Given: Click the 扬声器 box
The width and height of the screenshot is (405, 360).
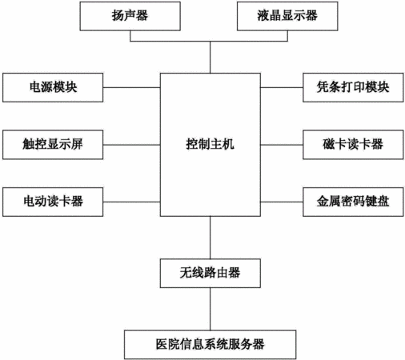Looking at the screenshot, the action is point(130,16).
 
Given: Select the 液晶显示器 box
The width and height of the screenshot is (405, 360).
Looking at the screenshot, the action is point(287,16).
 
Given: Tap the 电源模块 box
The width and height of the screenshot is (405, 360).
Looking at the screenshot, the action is point(53,87).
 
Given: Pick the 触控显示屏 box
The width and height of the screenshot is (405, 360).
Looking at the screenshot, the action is point(53,145).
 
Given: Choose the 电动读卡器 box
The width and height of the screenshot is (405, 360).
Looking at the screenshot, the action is point(53,202).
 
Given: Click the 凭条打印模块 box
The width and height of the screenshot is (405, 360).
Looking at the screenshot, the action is point(353,87).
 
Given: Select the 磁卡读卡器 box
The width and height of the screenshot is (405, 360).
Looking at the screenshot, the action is point(353,145).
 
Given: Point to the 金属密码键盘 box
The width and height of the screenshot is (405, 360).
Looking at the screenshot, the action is point(353,202).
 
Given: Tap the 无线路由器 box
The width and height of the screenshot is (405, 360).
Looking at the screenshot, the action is point(211,273).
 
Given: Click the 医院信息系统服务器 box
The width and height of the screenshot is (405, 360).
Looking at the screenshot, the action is point(211,345).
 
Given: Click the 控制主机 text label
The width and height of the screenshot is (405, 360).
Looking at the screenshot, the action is point(211,144).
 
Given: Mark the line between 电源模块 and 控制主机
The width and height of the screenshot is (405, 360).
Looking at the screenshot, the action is point(131,87).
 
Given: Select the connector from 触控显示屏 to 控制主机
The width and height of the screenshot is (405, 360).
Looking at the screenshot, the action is point(131,145).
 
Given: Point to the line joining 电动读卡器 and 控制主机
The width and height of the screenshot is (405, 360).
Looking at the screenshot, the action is point(131,202).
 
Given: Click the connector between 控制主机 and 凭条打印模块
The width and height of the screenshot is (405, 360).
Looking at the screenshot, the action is point(282,87).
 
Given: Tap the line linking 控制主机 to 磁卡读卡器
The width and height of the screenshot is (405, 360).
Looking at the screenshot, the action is point(282,145).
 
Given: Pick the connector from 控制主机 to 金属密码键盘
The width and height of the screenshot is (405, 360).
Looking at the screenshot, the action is point(282,202).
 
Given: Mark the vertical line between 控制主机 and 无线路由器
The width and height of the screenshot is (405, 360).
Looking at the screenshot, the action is point(211,238).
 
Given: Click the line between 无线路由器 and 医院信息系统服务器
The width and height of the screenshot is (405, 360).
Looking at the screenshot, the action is point(211,309).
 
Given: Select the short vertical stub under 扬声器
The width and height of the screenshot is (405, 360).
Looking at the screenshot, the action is point(130,36).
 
